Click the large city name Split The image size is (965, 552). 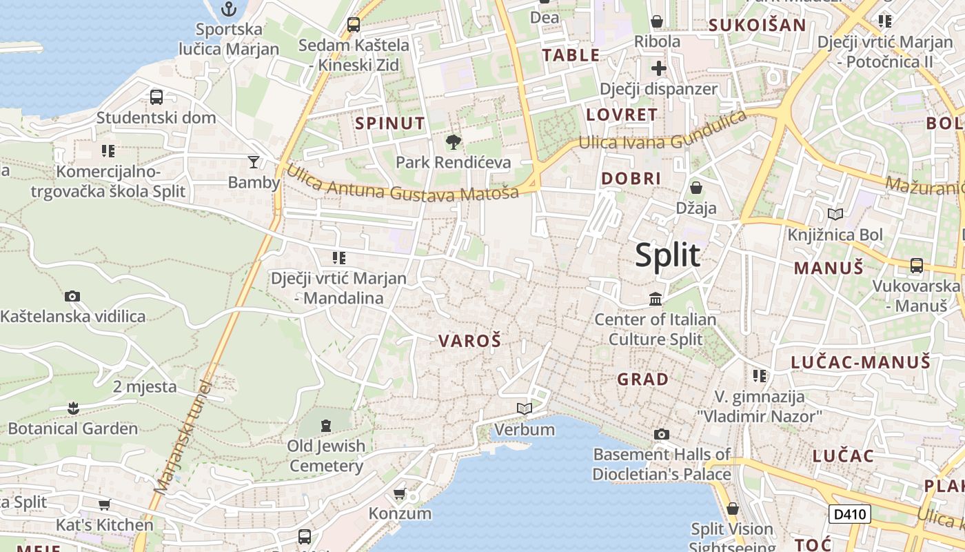tap(667, 255)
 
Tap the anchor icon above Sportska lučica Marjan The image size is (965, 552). tap(229, 9)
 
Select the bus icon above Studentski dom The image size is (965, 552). tap(156, 97)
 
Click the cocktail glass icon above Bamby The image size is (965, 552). tap(254, 162)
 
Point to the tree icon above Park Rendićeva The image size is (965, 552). tap(454, 143)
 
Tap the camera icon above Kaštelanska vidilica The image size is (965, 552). tap(72, 297)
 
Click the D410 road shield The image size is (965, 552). tap(849, 514)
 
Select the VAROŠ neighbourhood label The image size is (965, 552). tap(469, 341)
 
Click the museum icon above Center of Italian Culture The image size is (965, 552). tap(656, 299)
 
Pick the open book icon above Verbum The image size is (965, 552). tap(525, 409)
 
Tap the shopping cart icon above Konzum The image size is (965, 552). tap(399, 493)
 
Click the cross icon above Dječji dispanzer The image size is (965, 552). tap(658, 69)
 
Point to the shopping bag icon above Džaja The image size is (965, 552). tap(696, 188)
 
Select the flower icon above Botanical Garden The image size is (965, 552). tap(73, 408)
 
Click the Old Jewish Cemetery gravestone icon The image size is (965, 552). tap(326, 424)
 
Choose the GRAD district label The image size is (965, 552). tap(642, 379)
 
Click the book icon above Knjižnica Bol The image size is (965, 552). tap(835, 215)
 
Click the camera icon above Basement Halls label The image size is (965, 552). tap(662, 435)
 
